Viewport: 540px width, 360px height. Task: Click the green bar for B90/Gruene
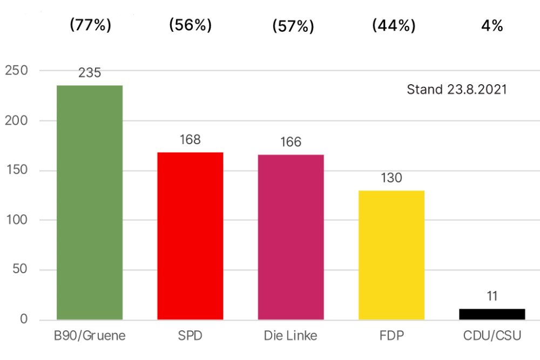(x=90, y=202)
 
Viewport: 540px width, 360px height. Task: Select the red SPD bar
(x=190, y=236)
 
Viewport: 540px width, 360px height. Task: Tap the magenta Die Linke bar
(x=291, y=237)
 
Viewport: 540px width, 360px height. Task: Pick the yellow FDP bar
(x=391, y=255)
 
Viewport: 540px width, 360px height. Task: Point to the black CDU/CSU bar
(x=492, y=314)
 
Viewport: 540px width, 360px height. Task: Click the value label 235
(x=90, y=73)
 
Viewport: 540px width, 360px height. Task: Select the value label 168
(x=190, y=140)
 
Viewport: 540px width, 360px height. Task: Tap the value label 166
(x=291, y=142)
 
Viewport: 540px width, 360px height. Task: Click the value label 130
(x=391, y=178)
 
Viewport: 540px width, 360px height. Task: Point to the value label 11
(x=492, y=296)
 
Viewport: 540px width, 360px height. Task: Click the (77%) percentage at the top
(x=91, y=25)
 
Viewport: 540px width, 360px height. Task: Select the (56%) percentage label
(x=190, y=25)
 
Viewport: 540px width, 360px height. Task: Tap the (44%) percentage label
(x=394, y=25)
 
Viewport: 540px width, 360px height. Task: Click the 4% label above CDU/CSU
(x=492, y=26)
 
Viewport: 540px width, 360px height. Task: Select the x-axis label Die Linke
(x=291, y=336)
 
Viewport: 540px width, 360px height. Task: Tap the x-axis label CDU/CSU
(x=492, y=336)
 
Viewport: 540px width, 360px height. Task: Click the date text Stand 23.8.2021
(x=457, y=89)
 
